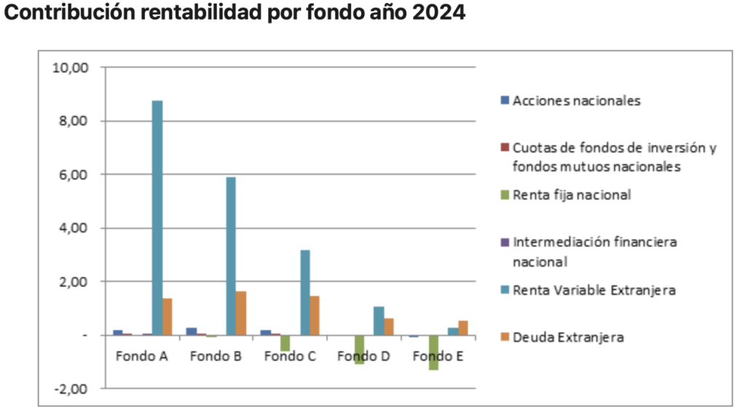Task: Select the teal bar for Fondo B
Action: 230,256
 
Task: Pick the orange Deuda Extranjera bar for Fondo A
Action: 167,316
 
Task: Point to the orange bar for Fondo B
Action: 241,313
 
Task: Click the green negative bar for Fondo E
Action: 433,352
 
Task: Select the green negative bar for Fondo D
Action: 359,349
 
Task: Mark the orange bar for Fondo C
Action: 315,315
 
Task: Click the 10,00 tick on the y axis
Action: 71,68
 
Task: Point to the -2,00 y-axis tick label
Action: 71,388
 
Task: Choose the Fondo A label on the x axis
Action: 141,356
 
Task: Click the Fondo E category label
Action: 437,356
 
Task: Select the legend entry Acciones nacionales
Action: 576,100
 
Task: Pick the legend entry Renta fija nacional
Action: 571,195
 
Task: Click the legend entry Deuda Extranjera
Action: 568,337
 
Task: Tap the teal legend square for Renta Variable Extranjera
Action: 504,290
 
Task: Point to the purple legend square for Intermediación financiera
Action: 504,242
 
